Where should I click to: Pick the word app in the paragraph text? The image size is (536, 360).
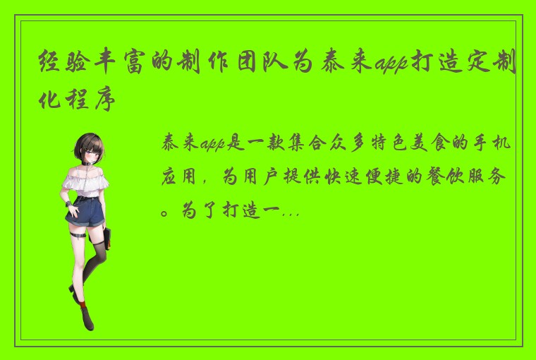(211, 145)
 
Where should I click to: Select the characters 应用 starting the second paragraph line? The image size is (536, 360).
(180, 176)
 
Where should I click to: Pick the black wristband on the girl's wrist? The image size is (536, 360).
(68, 204)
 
